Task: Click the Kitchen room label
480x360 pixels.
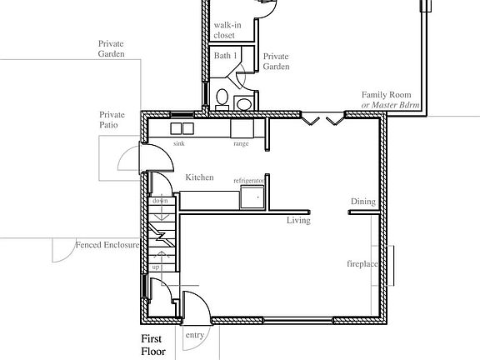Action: [x=199, y=177]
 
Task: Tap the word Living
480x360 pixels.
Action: [x=298, y=221]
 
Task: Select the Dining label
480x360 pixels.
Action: [x=362, y=202]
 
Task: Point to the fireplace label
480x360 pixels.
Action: [x=363, y=264]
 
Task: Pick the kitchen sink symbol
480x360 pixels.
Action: [x=182, y=128]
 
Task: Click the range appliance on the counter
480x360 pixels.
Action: [x=242, y=128]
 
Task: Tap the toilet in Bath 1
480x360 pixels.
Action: [x=222, y=98]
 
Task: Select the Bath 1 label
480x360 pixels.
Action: [x=226, y=56]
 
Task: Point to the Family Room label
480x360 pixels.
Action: [x=387, y=99]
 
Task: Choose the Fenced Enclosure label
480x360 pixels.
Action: [x=105, y=245]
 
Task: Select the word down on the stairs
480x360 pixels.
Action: [x=160, y=201]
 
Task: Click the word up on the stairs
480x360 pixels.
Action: [x=156, y=267]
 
